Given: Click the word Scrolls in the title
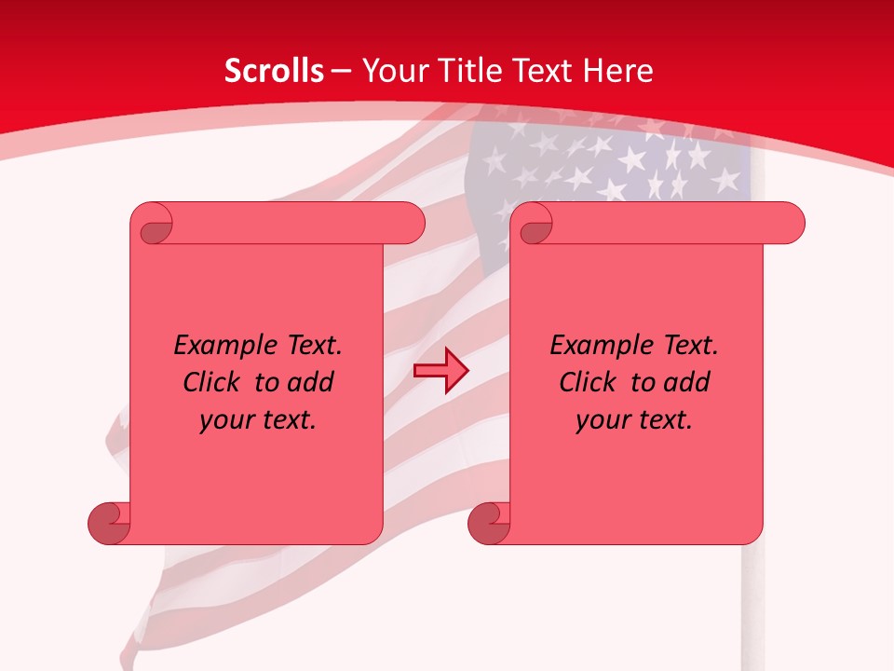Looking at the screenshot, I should [274, 71].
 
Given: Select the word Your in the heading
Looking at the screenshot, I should [390, 71].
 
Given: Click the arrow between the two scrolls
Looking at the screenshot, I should [440, 371].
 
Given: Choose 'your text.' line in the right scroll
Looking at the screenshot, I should [634, 419].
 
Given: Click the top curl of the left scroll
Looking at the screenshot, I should [152, 224].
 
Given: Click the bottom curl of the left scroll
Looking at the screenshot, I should [109, 522].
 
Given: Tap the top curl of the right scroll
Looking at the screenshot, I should [533, 224].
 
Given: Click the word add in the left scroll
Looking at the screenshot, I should [311, 382].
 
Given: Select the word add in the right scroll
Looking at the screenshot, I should [687, 382].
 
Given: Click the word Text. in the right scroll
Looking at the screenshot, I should [690, 346].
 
